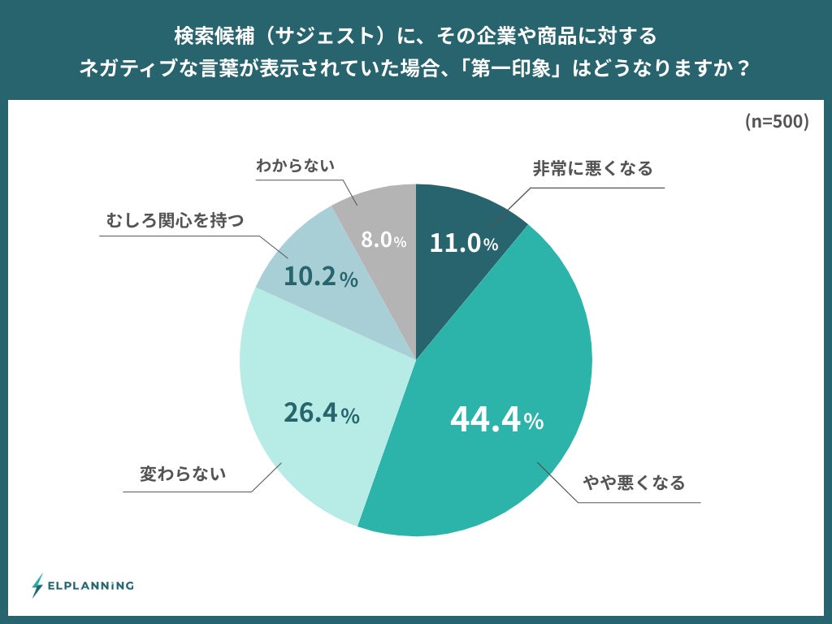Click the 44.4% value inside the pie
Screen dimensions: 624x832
point(496,419)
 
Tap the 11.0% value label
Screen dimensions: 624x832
point(463,243)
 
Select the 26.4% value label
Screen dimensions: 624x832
point(321,414)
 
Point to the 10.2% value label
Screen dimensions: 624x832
point(320,278)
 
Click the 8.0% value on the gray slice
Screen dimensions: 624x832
point(383,240)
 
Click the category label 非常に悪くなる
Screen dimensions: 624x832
point(592,169)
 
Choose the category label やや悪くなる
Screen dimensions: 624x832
point(634,483)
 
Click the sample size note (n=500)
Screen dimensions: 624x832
point(776,122)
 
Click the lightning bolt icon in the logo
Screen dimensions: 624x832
point(37,585)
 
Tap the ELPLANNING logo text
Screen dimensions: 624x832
point(91,585)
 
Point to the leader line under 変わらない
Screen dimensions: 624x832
point(187,492)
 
